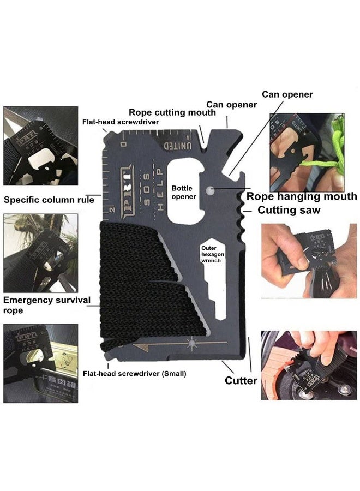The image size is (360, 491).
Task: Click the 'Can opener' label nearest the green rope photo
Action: (287, 94)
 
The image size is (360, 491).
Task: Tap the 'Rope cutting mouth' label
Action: (172, 112)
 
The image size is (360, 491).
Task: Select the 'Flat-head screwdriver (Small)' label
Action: (134, 374)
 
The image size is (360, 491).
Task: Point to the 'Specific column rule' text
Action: (49, 200)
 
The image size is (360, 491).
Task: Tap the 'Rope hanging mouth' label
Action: (302, 196)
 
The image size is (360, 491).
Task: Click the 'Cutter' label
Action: (241, 380)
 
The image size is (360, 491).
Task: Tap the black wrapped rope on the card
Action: (147, 284)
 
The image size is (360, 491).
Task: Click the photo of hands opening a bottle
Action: (308, 261)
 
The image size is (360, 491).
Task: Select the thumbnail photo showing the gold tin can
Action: (40, 363)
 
